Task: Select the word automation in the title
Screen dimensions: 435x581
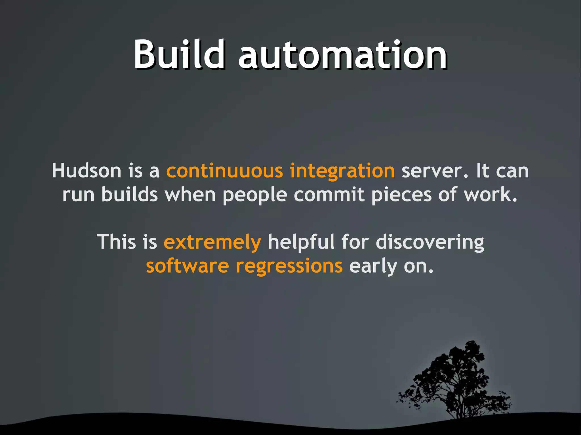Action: pyautogui.click(x=342, y=55)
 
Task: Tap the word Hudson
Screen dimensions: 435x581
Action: pyautogui.click(x=86, y=171)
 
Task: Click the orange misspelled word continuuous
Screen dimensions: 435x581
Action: pyautogui.click(x=224, y=171)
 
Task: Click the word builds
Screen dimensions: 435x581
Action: pyautogui.click(x=129, y=195)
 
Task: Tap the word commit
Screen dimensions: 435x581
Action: pyautogui.click(x=329, y=195)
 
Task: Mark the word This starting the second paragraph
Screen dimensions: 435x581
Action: pyautogui.click(x=116, y=242)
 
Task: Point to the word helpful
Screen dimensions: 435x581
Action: pyautogui.click(x=301, y=242)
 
